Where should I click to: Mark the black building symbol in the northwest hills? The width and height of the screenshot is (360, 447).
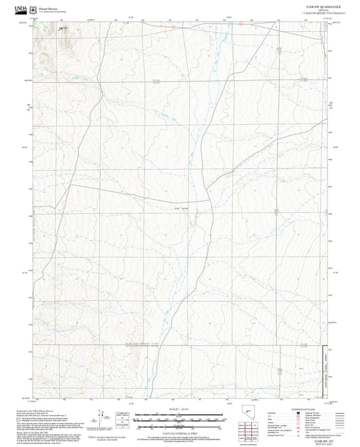61,29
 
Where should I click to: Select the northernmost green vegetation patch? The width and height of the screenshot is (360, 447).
46,28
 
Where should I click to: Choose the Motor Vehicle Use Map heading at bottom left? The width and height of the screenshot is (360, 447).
30,427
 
